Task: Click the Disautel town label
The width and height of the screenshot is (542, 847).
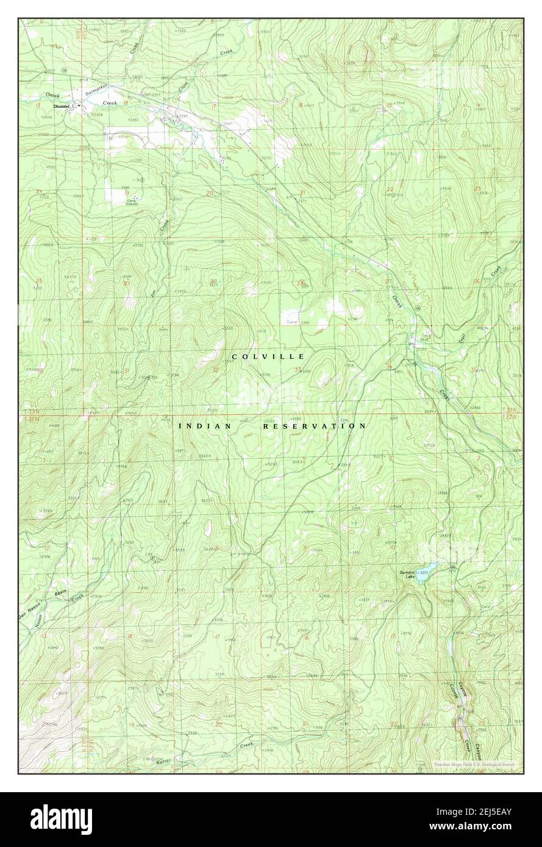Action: coord(63,107)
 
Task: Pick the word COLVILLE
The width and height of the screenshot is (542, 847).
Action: coord(268,356)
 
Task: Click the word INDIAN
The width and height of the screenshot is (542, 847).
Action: coord(204,427)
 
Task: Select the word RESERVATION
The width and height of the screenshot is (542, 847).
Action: coord(315,427)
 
